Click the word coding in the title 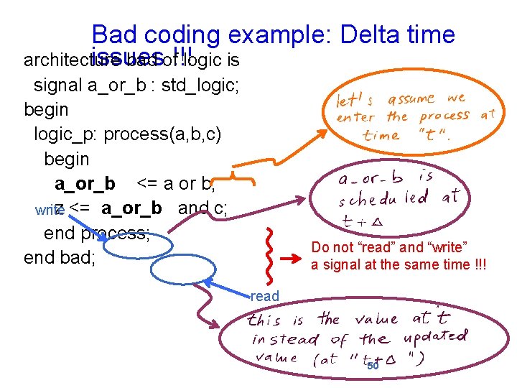point(182,34)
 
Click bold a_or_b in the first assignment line point(85,183)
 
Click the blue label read point(264,295)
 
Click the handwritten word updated point(439,337)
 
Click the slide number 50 point(373,366)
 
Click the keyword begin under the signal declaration point(46,110)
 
